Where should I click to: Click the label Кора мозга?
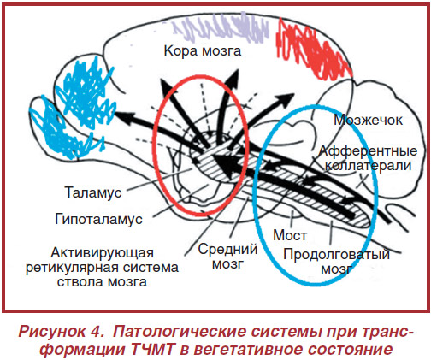[203, 51]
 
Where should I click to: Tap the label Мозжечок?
[368, 121]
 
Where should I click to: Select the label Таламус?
[93, 192]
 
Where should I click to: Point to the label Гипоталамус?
[98, 220]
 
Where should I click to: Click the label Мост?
[290, 235]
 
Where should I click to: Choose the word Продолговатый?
[336, 255]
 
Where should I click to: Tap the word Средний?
[227, 250]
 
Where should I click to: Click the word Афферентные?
[368, 151]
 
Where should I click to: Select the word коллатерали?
[369, 166]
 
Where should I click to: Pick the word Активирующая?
[102, 253]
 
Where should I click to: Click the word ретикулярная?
[71, 268]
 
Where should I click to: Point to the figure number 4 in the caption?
[97, 332]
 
